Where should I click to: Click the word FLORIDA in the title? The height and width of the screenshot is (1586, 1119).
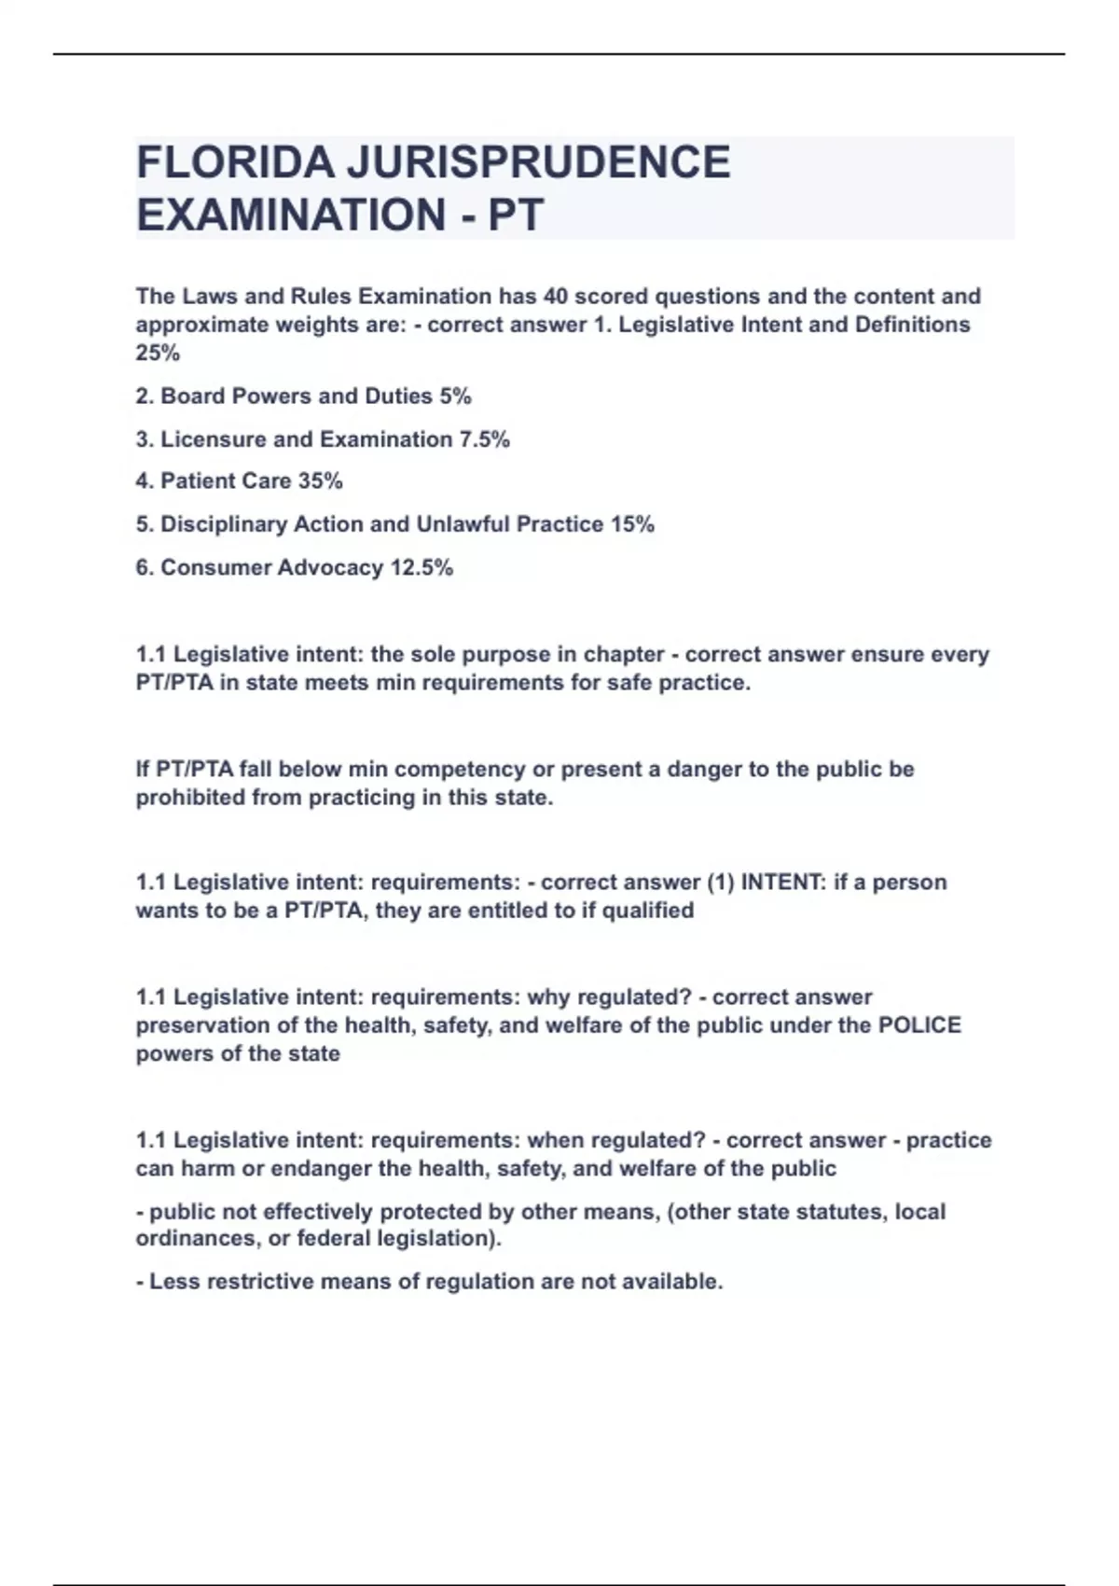point(235,162)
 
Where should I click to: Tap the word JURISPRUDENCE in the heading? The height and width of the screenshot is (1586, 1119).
point(539,162)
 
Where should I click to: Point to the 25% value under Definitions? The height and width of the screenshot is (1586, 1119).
point(158,354)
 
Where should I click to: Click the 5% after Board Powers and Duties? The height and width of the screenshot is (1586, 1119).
point(455,396)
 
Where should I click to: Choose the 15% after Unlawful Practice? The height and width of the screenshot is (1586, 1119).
point(632,524)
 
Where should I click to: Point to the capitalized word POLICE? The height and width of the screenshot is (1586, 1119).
point(919,1025)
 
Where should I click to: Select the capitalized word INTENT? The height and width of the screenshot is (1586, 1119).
point(781,883)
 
